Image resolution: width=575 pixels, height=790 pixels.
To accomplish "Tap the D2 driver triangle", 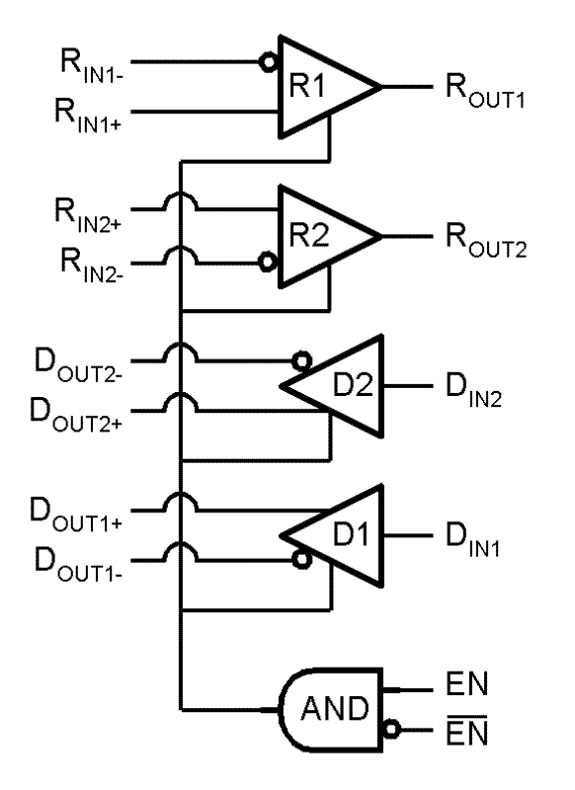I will point(341,385).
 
